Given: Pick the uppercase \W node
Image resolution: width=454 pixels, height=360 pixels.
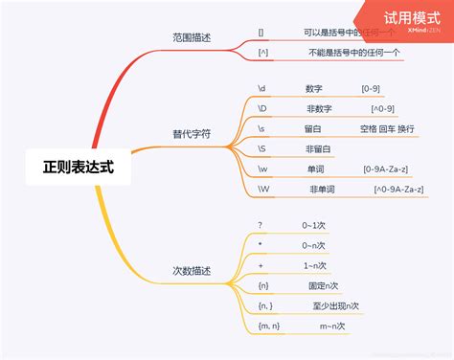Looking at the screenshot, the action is (x=263, y=190).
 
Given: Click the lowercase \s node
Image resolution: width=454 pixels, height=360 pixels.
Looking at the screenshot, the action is (x=261, y=128).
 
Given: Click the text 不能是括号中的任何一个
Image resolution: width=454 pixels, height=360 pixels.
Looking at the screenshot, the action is (x=353, y=53).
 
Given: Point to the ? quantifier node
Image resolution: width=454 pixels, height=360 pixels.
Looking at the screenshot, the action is (x=260, y=225).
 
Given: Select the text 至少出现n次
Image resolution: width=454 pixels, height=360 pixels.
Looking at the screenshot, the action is (x=335, y=306).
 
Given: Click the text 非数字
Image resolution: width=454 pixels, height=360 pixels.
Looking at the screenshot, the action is (x=319, y=108).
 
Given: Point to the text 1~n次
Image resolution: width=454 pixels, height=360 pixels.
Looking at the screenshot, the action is (x=314, y=265).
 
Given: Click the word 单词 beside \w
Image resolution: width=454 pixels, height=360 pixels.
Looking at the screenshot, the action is (x=315, y=169).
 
